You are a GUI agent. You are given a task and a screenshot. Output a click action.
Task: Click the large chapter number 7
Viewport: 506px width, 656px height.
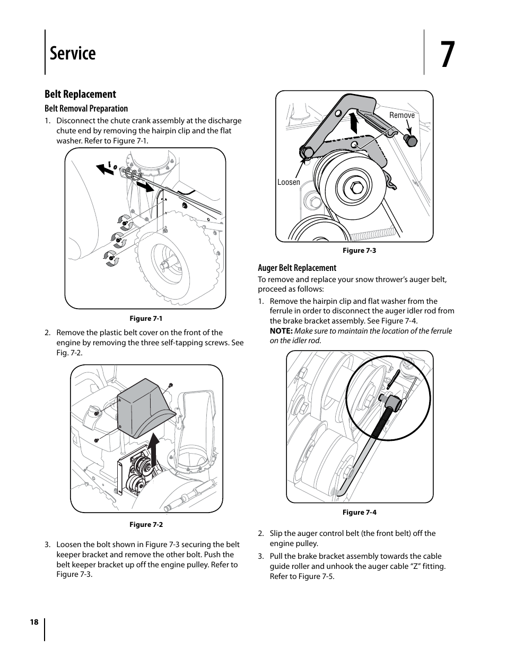click(448, 54)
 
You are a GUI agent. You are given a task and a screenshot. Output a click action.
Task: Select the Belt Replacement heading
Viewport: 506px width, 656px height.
click(80, 94)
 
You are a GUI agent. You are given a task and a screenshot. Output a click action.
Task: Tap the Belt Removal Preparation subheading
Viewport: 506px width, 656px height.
click(86, 108)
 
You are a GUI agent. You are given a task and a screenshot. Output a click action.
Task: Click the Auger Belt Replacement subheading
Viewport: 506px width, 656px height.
click(297, 268)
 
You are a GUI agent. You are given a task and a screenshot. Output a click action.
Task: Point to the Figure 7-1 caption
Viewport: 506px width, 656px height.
click(146, 319)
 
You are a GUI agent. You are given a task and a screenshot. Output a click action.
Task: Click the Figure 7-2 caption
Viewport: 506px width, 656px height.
click(146, 525)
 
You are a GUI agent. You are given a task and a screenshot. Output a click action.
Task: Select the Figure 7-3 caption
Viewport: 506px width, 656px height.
click(359, 251)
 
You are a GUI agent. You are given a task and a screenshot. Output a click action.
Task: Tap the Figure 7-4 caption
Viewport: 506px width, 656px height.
click(359, 513)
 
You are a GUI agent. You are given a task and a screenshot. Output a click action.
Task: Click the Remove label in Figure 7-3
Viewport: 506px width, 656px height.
click(402, 115)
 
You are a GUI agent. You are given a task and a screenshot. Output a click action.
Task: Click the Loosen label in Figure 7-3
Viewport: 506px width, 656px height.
click(289, 182)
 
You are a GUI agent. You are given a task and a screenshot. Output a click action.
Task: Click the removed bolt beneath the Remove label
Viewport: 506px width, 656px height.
click(411, 140)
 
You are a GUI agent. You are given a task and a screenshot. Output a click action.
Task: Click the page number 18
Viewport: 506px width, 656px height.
click(34, 623)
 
